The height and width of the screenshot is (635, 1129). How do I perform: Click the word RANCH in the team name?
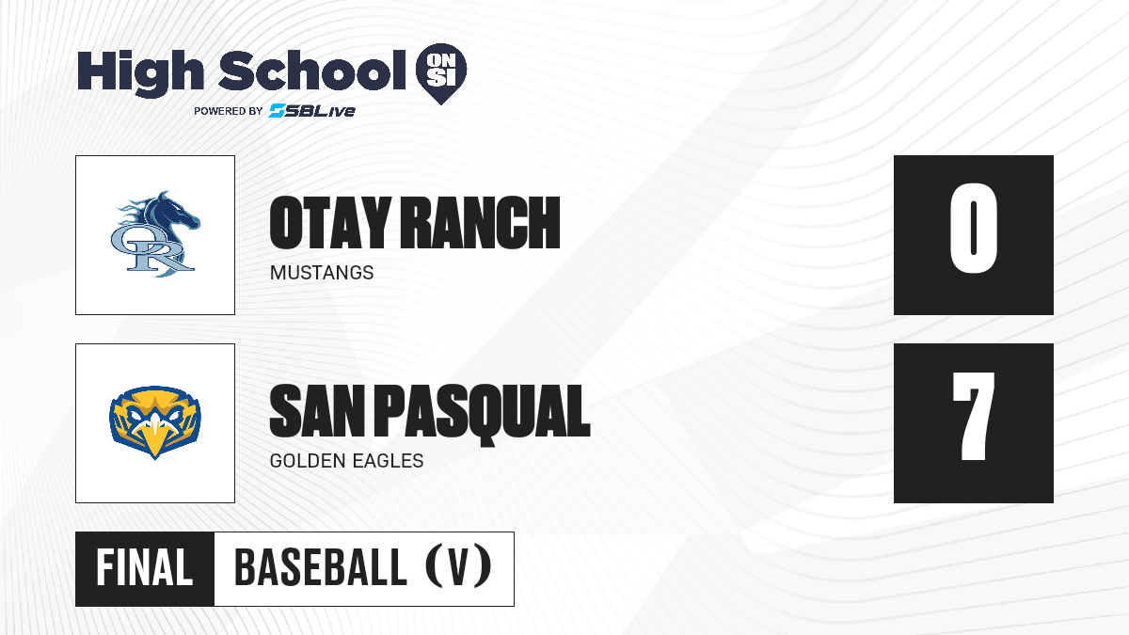(481, 223)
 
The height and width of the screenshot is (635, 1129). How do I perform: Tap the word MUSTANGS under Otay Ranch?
(322, 273)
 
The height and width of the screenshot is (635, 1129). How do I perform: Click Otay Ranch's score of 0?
(973, 228)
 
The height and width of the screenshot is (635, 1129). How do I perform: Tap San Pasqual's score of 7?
(973, 416)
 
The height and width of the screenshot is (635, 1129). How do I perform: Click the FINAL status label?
(145, 568)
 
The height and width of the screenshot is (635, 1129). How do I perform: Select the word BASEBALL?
(321, 568)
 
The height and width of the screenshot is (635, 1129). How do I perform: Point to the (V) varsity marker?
(458, 567)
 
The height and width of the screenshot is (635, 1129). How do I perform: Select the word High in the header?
(140, 72)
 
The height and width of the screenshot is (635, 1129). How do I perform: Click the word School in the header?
(312, 70)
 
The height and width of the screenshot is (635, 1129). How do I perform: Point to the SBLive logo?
(312, 110)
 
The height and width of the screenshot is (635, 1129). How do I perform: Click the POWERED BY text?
(229, 111)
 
